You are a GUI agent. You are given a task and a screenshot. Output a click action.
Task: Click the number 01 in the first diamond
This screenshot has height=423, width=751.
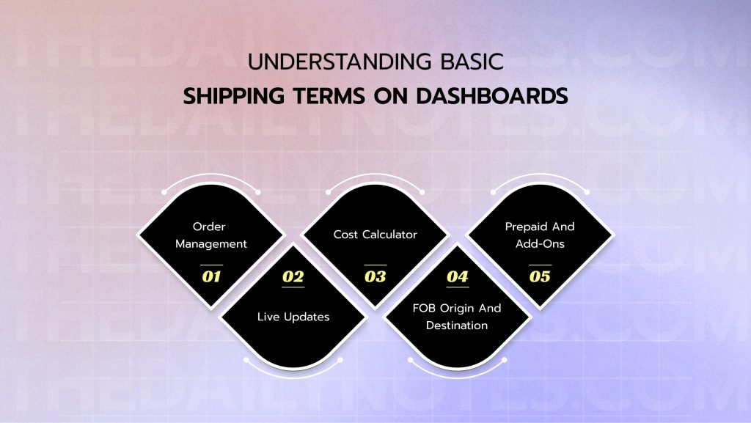[211, 277]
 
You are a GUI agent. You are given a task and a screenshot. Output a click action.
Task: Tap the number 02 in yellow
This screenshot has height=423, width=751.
[293, 277]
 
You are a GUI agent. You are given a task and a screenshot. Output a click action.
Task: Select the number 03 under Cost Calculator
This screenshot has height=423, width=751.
[375, 277]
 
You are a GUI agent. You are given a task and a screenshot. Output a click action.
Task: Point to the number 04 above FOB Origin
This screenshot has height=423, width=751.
[457, 277]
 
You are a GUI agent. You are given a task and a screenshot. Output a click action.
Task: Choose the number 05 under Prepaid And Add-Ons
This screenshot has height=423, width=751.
[539, 277]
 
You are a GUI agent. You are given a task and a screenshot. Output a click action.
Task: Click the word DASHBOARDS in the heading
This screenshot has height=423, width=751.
[502, 97]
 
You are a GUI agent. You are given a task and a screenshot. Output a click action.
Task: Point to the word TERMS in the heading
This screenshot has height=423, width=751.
[336, 97]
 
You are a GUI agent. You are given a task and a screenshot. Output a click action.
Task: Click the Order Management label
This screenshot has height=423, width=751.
[211, 235]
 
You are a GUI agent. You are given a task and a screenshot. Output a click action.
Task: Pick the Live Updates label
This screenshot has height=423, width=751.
[293, 317]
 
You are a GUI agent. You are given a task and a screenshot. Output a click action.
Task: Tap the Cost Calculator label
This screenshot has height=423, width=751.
[375, 235]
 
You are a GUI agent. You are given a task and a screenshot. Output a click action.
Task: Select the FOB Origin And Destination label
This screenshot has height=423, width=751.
[457, 317]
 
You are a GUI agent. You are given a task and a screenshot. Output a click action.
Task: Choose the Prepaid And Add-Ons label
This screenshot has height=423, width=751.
[539, 235]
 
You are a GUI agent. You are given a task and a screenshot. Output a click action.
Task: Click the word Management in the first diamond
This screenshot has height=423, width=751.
[211, 243]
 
